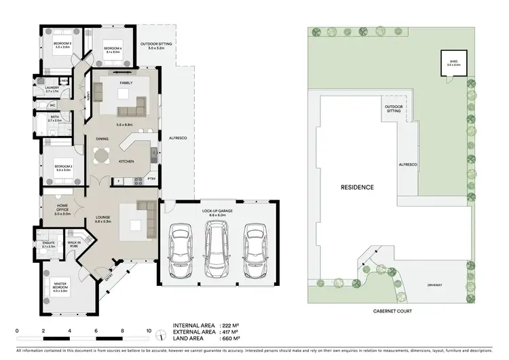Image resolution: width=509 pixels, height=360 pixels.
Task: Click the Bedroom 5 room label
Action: pos(62,45)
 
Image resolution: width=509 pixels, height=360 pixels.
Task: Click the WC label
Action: pos(52,106)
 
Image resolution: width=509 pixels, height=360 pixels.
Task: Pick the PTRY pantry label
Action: pos(151,179)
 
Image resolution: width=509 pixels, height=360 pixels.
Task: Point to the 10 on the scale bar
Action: pos(149,331)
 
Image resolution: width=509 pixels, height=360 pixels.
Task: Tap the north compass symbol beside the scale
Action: pos(159,334)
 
